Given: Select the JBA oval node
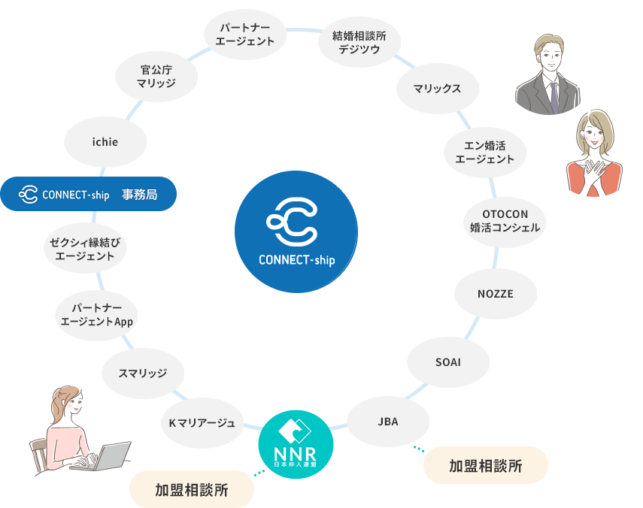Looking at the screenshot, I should [387, 422].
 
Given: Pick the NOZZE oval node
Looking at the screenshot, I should [495, 294].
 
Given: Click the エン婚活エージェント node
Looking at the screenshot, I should [484, 151].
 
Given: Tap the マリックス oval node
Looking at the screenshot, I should [436, 89].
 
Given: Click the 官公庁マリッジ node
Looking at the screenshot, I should [156, 77].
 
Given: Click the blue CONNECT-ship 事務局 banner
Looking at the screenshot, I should [88, 194].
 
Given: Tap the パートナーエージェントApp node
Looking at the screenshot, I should [97, 315].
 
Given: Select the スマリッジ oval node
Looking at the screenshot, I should [142, 373].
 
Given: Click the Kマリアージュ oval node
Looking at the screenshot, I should [202, 423].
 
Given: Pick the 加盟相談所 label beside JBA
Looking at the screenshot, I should [485, 466].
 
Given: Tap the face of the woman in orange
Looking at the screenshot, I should [593, 138].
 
